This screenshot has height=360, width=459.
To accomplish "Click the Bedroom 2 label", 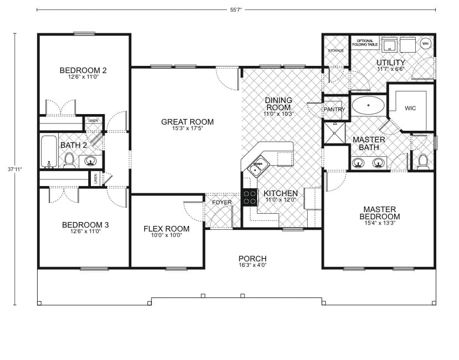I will coord(83,70).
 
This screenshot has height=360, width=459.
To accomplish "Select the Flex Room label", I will coord(166,229).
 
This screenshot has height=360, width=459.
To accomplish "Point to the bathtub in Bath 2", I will coord(49,151).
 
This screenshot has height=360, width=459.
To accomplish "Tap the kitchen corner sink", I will coord(258,164).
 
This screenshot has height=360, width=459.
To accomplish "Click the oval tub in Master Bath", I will coord(368,105).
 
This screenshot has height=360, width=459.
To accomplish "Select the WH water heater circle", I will coord(426,43).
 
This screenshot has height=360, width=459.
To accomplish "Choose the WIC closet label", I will coord(410,108).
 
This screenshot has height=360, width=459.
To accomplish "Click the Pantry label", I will coord(334,110).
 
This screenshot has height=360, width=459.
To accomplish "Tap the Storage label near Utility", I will coord(336,50).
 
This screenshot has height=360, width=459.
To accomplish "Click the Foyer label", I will coord(222,202).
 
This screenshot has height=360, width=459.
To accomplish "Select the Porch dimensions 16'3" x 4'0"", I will coord(252,265).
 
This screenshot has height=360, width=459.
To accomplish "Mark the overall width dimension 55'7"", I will coord(236,9).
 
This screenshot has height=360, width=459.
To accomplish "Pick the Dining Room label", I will coord(278,104).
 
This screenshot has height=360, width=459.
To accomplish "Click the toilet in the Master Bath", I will coord(423,161).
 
